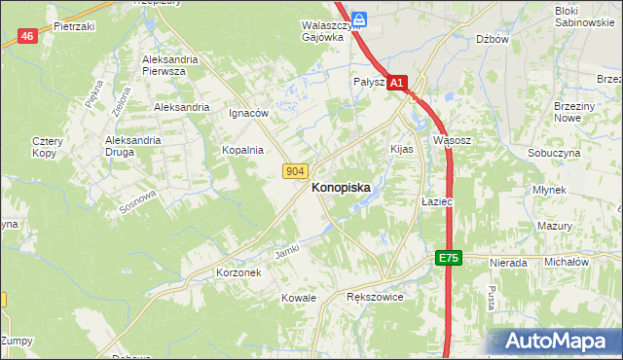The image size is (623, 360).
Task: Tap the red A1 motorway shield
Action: click(x=396, y=85)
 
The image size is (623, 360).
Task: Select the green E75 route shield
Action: click(x=447, y=258)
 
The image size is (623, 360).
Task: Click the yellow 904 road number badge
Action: click(x=297, y=171)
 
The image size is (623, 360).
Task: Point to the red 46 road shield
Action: click(x=27, y=36)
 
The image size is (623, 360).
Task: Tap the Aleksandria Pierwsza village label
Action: click(x=170, y=64)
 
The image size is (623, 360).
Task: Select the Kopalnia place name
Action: click(x=242, y=150)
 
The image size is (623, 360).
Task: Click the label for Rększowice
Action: click(x=375, y=296)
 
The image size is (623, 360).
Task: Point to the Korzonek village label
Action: click(x=238, y=273)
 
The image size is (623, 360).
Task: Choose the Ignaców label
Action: click(x=248, y=113)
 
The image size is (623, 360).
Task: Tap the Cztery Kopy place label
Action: click(x=47, y=147)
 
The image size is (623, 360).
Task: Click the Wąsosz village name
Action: click(x=452, y=140)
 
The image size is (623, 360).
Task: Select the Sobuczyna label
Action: click(x=554, y=154)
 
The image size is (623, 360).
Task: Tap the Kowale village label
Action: click(x=299, y=297)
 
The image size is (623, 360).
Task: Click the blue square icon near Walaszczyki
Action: click(x=359, y=18)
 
